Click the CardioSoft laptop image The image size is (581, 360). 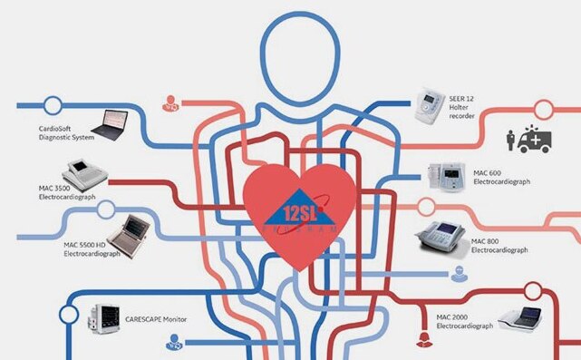click(x=116, y=124)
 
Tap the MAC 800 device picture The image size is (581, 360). click(x=439, y=238)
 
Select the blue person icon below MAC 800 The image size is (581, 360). click(x=461, y=273)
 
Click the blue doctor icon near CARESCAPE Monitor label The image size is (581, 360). click(x=172, y=344)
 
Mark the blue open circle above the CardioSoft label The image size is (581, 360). click(x=53, y=105)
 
